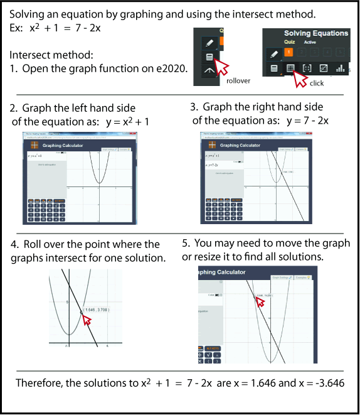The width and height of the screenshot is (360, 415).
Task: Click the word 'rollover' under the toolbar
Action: pyautogui.click(x=238, y=80)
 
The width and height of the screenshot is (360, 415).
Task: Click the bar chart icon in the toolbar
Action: pyautogui.click(x=341, y=68)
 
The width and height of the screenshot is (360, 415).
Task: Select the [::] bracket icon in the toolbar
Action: pyautogui.click(x=307, y=68)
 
